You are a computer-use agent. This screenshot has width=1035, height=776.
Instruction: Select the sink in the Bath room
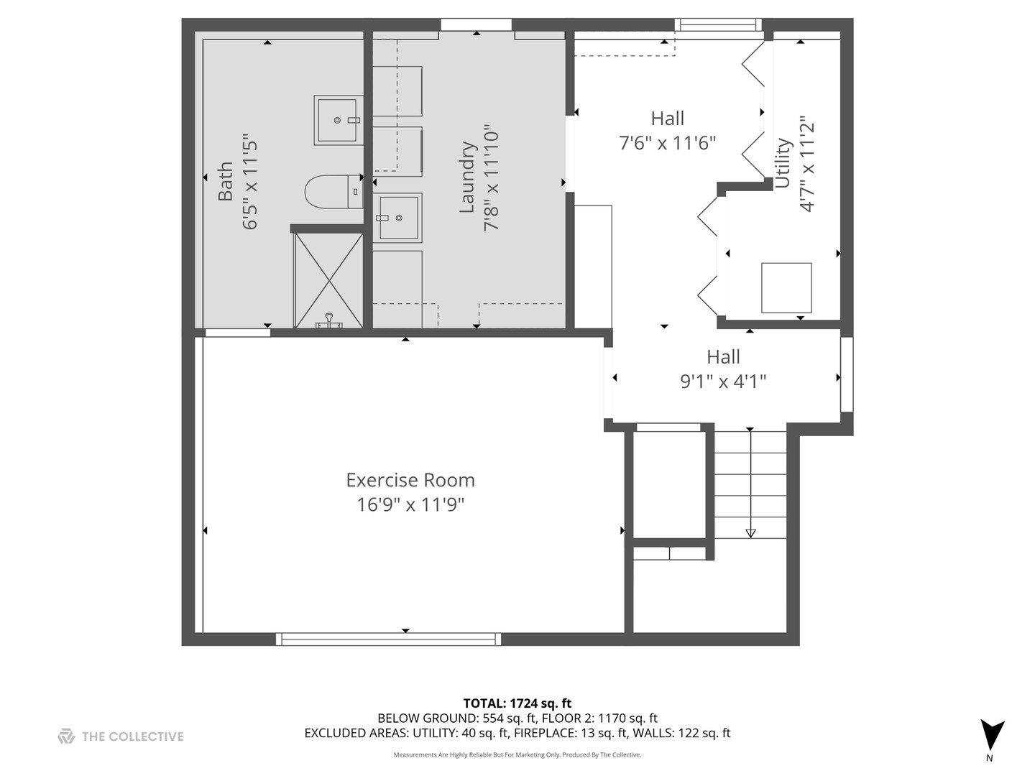click(337, 120)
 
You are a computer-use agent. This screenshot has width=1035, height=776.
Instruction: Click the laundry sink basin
click(397, 217)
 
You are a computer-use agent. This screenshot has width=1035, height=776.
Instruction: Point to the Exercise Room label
click(410, 480)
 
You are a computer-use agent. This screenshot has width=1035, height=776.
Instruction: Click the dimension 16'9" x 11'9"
click(410, 504)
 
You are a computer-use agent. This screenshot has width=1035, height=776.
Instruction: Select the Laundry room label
click(468, 177)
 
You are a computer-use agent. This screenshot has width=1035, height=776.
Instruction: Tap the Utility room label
click(783, 163)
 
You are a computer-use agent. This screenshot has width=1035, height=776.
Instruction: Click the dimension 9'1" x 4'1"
click(723, 381)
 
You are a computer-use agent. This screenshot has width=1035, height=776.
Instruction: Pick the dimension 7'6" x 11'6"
click(668, 143)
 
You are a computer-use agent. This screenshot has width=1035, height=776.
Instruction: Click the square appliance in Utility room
click(786, 287)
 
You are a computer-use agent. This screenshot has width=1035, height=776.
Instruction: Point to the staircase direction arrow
click(750, 532)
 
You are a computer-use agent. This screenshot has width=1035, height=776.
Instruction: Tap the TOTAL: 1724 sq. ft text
click(517, 703)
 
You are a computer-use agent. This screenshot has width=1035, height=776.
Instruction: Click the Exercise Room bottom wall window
click(388, 638)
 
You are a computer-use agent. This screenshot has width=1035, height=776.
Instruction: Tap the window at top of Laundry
click(477, 25)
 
